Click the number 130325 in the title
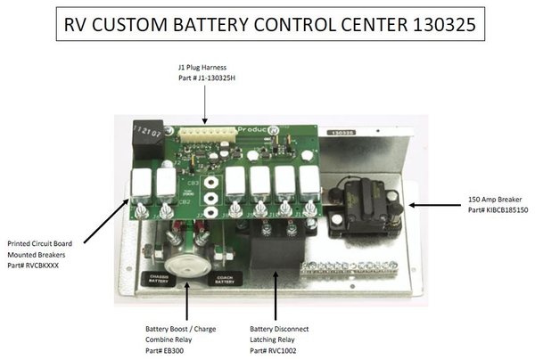coord(434,27)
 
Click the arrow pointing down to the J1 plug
coord(204,104)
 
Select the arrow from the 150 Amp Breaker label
coord(433,204)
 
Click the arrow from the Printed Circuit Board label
coord(106,220)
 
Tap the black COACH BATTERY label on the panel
coord(222,279)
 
